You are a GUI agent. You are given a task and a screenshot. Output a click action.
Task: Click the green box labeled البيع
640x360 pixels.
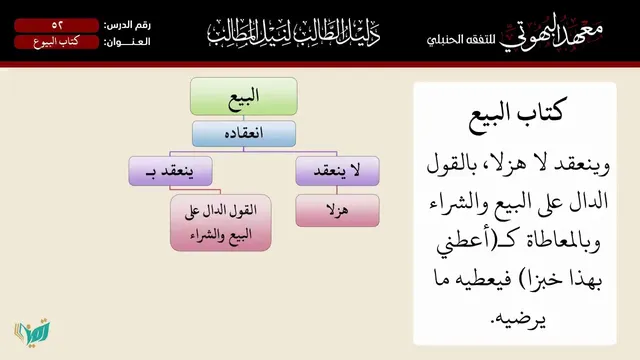click(244, 96)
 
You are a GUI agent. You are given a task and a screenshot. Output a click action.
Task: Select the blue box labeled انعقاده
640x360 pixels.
click(244, 133)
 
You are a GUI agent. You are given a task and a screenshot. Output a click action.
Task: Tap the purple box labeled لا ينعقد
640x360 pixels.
click(337, 171)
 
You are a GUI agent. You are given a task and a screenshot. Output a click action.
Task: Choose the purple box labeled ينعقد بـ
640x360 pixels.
click(170, 171)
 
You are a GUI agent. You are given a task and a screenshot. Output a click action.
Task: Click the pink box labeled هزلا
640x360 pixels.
click(337, 210)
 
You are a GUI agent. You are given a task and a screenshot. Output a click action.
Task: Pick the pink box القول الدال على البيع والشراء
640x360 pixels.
click(220, 222)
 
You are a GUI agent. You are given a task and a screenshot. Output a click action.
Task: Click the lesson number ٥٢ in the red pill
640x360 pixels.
click(56, 25)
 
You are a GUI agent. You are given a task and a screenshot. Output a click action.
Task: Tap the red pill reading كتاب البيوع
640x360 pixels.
click(56, 42)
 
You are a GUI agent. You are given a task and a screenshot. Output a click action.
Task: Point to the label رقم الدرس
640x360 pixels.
click(127, 25)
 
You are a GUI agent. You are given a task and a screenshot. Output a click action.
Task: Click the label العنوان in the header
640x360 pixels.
click(127, 42)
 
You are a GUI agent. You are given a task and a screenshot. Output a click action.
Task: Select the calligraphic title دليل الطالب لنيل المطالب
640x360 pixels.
click(293, 32)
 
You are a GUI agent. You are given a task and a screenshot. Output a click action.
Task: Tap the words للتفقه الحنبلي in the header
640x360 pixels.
click(461, 40)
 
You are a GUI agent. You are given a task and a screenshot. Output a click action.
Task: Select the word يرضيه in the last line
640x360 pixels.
click(518, 318)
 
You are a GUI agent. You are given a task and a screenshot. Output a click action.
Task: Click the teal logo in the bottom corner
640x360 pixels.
click(33, 332)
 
